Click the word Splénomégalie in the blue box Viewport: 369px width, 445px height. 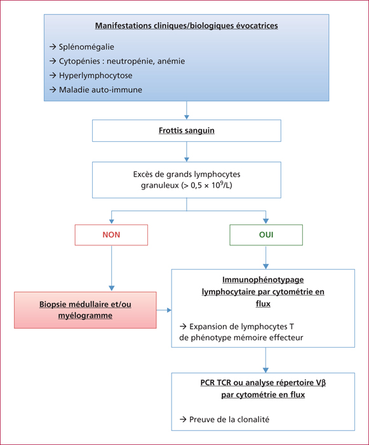point(86,47)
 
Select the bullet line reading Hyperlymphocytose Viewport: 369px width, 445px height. point(91,76)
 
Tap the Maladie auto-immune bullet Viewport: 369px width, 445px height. point(96,90)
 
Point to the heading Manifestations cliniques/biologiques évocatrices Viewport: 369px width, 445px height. point(186,25)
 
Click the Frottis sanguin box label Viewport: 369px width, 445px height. point(187,130)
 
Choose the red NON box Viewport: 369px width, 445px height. point(111,235)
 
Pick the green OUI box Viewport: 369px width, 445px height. point(266,235)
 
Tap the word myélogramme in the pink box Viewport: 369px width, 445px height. point(85,315)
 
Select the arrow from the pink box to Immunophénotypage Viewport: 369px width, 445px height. point(164,310)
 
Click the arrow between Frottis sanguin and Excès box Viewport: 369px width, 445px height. point(187,151)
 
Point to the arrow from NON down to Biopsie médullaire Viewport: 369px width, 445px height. point(112,268)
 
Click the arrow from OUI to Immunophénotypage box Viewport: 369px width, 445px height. point(265,257)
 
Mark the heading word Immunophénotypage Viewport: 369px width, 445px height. point(263,280)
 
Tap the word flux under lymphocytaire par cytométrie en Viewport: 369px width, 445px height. point(263,304)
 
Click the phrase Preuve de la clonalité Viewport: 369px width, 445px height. point(229,420)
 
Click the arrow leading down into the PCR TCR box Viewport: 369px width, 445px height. point(265,360)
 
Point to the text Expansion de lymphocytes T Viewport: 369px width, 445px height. point(241,327)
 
